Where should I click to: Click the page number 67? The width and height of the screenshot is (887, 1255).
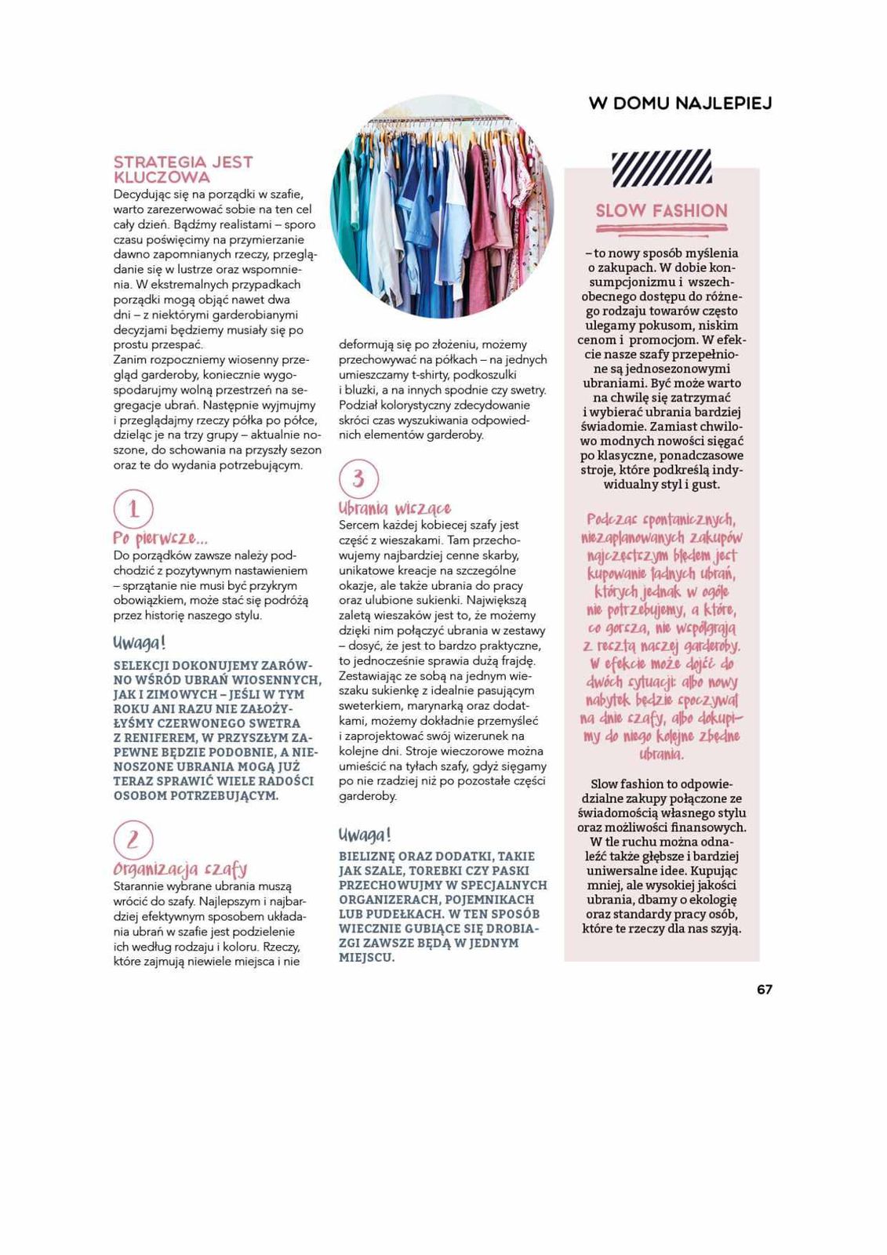[x=764, y=989]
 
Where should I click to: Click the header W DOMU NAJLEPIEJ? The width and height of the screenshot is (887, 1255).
[x=680, y=104]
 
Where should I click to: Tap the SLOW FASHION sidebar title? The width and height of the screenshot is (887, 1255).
[x=661, y=210]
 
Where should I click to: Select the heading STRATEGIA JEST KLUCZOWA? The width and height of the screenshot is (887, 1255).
[x=183, y=169]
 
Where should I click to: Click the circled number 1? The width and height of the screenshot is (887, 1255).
[x=133, y=509]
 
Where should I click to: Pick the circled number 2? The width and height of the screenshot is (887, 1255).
[x=133, y=840]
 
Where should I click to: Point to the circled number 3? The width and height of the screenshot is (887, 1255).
[x=358, y=478]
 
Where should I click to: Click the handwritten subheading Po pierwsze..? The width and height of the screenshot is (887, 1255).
[x=160, y=539]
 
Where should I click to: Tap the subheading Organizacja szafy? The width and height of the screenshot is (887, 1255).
[x=180, y=869]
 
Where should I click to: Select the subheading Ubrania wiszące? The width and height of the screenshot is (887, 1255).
[x=394, y=508]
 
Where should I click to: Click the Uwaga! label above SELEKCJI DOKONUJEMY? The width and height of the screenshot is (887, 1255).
[x=140, y=643]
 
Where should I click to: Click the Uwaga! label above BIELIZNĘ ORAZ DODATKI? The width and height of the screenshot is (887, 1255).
[x=365, y=834]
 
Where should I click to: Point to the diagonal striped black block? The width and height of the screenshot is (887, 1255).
[x=661, y=168]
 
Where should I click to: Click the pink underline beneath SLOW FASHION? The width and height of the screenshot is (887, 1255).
[x=661, y=228]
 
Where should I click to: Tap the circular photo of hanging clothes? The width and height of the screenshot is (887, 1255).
[x=442, y=206]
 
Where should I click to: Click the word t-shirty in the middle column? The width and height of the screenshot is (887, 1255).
[x=430, y=375]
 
